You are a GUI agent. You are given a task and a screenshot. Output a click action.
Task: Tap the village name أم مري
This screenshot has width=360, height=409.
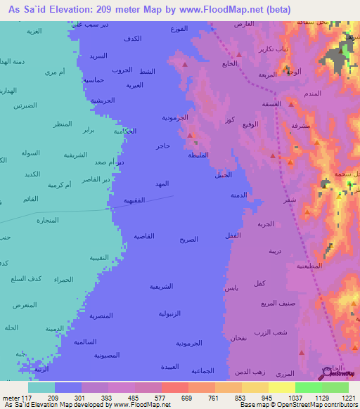tap(55, 72)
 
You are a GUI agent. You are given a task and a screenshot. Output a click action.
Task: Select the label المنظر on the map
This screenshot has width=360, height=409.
tap(63, 124)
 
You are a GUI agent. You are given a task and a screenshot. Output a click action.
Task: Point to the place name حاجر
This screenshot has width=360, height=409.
tap(163, 146)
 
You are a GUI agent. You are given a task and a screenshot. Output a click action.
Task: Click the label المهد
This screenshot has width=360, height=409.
tap(162, 183)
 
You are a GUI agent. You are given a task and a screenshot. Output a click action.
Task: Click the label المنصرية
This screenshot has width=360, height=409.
tap(101, 316)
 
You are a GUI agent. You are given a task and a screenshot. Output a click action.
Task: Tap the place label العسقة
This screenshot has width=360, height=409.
tap(271, 104)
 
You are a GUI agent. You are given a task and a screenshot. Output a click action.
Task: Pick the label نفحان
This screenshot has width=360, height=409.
tap(238, 339)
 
